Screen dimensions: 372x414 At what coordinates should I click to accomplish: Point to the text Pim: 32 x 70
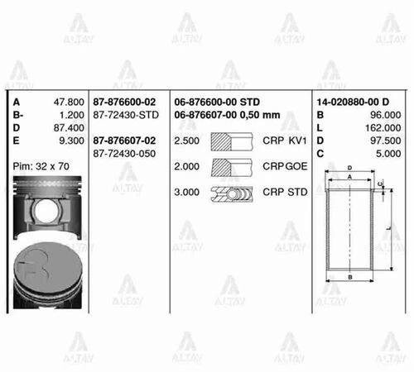(x=43, y=166)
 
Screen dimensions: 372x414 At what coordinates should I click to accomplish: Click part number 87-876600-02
(x=127, y=103)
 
